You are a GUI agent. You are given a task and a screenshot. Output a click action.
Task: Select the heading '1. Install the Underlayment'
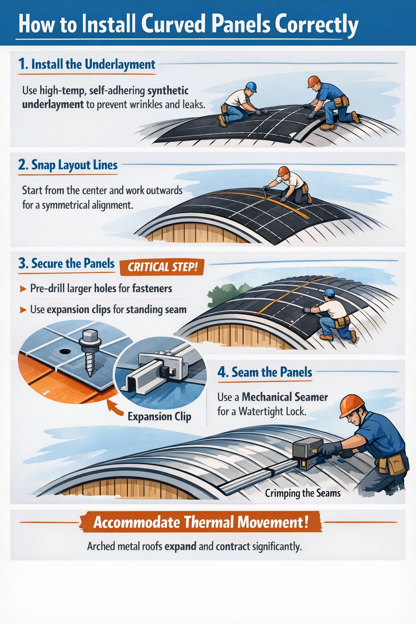pos(87,65)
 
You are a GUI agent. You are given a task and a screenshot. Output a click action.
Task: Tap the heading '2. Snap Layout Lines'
pos(68,165)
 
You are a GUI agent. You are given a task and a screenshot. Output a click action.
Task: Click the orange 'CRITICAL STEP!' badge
pos(162,267)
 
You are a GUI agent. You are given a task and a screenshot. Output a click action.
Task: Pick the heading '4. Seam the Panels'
pos(265,372)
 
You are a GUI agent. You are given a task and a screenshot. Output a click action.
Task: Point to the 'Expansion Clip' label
pos(159,417)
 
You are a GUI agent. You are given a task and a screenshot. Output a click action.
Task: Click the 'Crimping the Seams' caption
pos(303,493)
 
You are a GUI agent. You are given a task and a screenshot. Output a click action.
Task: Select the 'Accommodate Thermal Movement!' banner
pos(201,522)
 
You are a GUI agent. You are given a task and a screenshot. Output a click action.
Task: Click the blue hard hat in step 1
pos(251,87)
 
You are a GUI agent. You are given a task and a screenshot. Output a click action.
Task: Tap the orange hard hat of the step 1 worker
pos(313,81)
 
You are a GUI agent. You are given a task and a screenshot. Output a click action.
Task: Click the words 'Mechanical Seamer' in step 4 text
pos(285,397)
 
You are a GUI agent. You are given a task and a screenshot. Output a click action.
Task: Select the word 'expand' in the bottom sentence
pos(180,546)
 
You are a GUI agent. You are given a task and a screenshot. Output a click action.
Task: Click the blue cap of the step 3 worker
pos(328,292)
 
